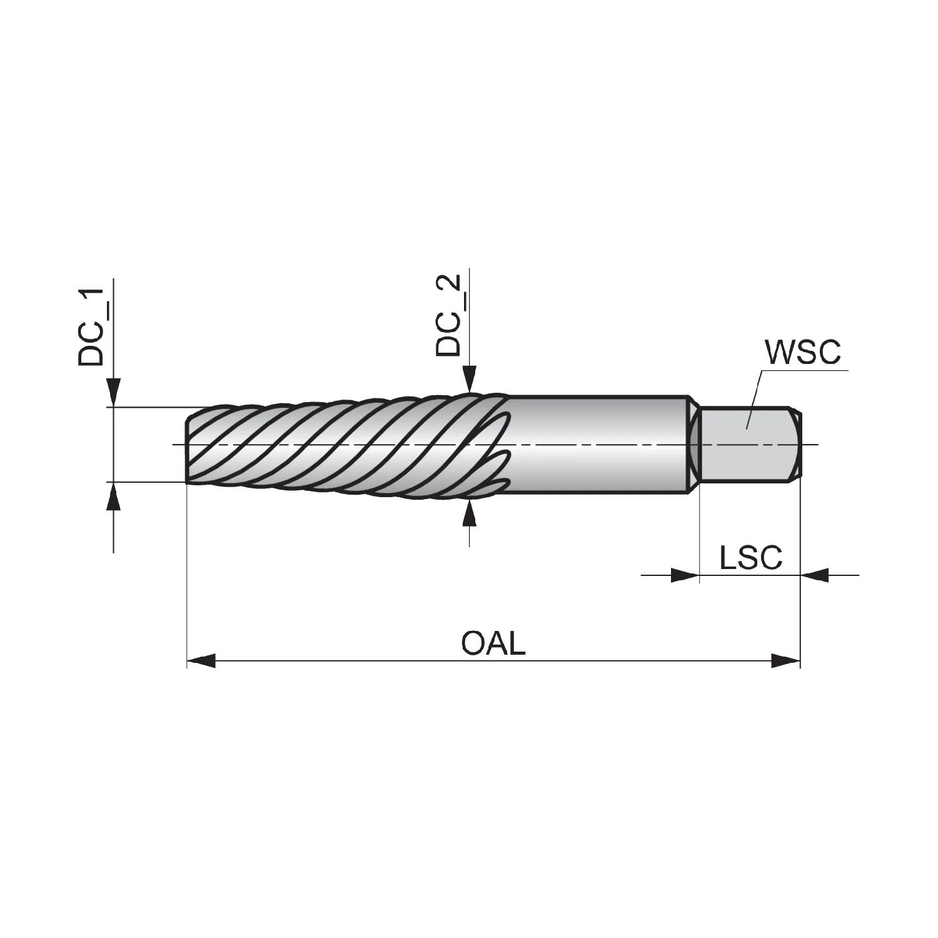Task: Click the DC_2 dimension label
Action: coord(449,315)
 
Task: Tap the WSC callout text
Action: coord(804,352)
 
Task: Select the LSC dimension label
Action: coord(750,557)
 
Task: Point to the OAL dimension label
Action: coord(493,643)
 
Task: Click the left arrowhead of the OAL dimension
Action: coord(201,660)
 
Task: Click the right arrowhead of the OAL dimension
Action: coord(786,660)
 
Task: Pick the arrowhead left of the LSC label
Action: coord(685,575)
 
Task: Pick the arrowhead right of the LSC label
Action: coord(815,575)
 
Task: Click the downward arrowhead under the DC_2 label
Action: coord(470,379)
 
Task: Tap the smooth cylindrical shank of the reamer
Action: coord(597,445)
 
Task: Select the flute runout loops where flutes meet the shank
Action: coord(494,445)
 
